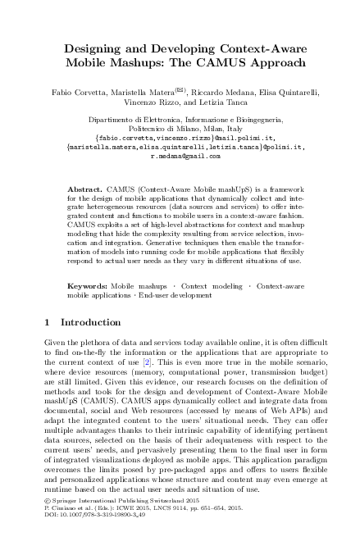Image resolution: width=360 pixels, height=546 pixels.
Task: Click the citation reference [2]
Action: [x=169, y=339]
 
